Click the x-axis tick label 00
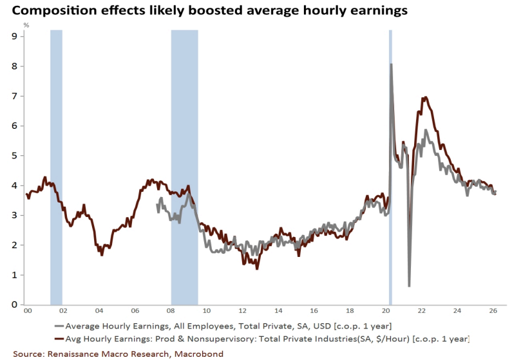27,312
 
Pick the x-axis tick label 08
171,312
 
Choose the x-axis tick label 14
278,312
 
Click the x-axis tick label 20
386,312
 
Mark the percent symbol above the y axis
26,25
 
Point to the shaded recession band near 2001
56,167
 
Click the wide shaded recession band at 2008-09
184,167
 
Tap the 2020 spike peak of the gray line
392,64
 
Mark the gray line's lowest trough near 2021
409,285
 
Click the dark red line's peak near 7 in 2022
425,98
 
